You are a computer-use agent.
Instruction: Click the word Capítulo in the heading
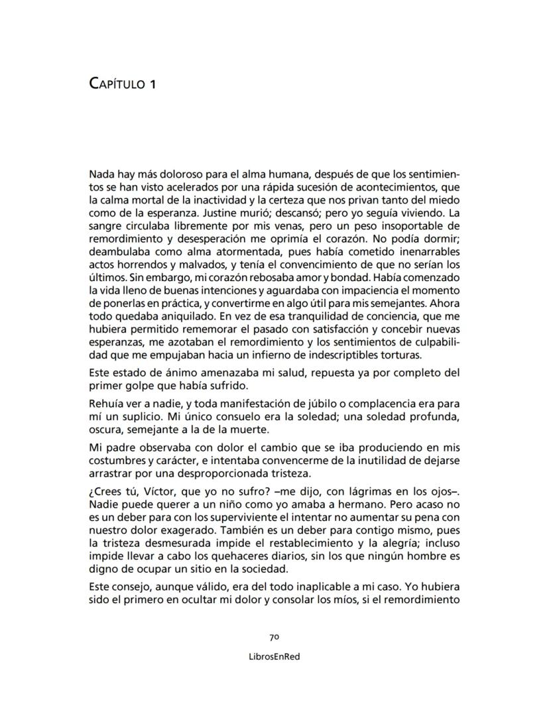point(115,84)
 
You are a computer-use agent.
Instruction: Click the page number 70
point(274,637)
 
